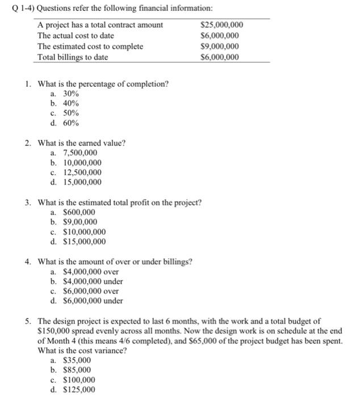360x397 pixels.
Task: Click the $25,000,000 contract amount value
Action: [222, 25]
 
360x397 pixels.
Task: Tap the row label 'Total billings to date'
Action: [72, 57]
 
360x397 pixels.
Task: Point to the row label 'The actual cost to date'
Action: [76, 36]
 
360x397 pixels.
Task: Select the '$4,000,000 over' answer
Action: [90, 272]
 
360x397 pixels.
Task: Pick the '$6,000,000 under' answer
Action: [93, 301]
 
